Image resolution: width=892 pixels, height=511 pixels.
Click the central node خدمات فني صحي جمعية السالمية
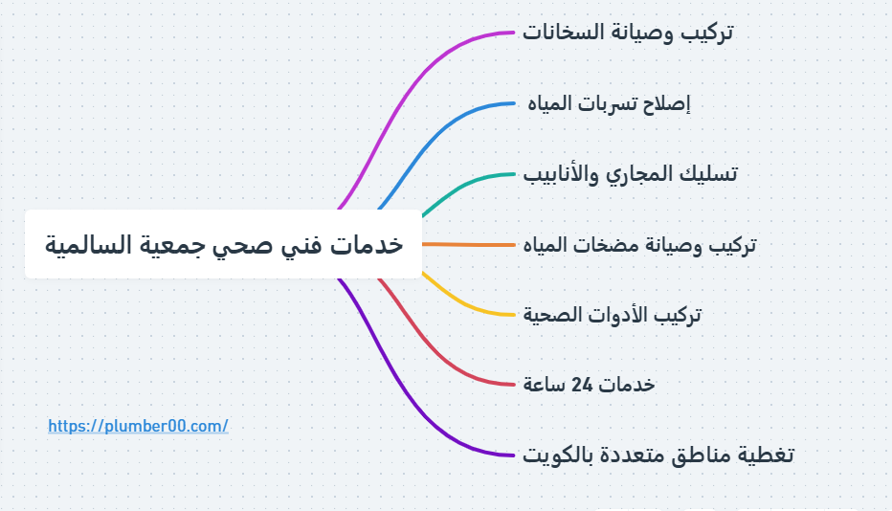coord(224,244)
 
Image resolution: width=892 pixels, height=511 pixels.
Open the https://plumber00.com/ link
coord(138,426)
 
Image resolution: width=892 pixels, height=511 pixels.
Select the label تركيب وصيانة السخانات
coord(628,32)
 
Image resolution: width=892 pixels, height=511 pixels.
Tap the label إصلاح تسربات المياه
coord(609,103)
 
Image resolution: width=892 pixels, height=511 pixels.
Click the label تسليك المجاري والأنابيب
coord(631,173)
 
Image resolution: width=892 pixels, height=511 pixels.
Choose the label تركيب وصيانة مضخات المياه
coord(639,245)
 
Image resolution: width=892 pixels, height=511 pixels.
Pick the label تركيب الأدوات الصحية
coord(613,315)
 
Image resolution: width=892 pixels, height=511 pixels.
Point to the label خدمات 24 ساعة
coord(589,385)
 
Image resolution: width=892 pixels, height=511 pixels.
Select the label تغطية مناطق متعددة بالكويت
coord(658,455)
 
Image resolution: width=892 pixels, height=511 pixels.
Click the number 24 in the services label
coord(582,386)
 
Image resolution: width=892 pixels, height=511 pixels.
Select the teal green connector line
coord(460,189)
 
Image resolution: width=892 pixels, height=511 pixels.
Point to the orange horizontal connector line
coord(469,245)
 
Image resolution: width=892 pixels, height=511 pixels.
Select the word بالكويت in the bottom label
coord(555,455)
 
